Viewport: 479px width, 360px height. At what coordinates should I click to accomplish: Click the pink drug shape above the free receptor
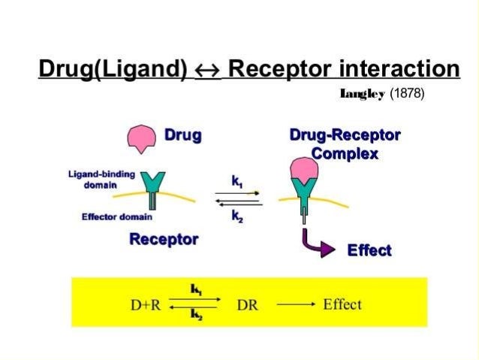tap(143, 138)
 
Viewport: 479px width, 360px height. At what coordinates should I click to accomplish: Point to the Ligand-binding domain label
tap(101, 179)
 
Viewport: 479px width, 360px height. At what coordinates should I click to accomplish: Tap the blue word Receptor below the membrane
tap(164, 240)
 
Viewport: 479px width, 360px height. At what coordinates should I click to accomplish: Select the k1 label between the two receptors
tap(237, 181)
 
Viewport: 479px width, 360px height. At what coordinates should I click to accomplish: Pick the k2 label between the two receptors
tap(237, 217)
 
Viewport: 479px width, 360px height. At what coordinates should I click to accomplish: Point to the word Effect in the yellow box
tap(342, 305)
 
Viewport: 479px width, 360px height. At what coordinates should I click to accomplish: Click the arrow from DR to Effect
tap(294, 306)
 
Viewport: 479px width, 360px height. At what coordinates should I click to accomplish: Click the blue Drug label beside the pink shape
tap(183, 136)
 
